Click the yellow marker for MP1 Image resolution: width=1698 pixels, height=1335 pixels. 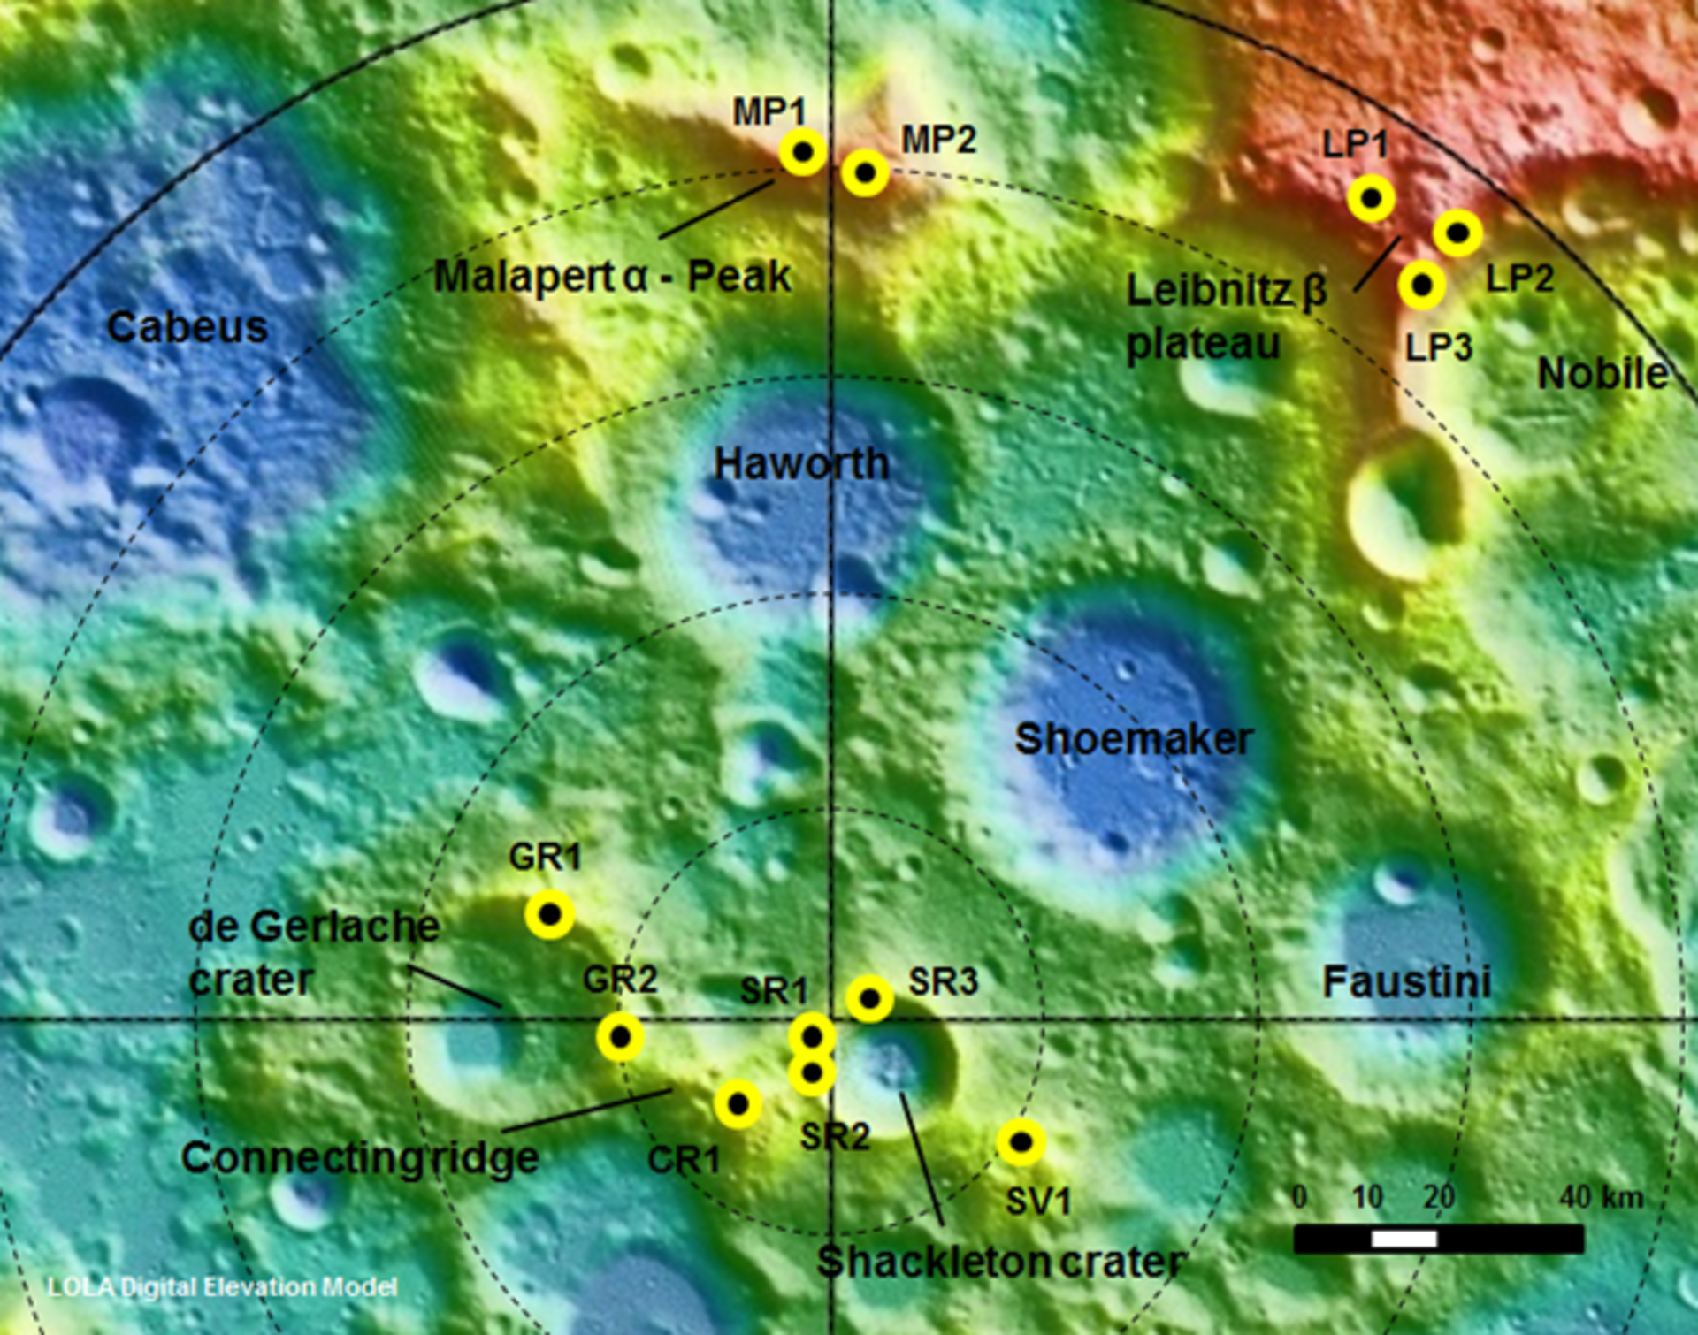click(x=803, y=152)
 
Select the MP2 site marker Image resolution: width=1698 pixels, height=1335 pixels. click(x=865, y=173)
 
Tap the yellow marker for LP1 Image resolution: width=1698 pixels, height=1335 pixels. click(x=1371, y=198)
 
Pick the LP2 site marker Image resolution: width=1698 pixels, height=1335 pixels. click(x=1457, y=233)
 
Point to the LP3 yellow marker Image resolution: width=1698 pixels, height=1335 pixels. click(x=1422, y=286)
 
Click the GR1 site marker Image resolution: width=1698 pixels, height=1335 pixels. click(x=549, y=914)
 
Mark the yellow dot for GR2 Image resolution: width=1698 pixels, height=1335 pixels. click(x=621, y=1036)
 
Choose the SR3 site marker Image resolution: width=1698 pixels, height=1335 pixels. click(x=870, y=999)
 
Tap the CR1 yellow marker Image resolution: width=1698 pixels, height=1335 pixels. click(x=738, y=1104)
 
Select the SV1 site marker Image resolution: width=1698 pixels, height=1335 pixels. click(x=1021, y=1142)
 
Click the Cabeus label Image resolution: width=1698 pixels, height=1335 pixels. click(x=187, y=328)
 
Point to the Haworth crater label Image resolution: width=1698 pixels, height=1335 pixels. click(x=801, y=463)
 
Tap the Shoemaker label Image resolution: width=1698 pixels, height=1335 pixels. click(x=1134, y=739)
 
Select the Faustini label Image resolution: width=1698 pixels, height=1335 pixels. click(x=1406, y=982)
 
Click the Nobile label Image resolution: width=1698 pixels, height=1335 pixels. click(x=1602, y=374)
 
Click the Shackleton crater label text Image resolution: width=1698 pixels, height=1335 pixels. click(x=1000, y=1262)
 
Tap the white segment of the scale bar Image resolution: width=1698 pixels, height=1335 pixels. click(x=1404, y=1240)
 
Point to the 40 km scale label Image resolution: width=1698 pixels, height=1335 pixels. click(x=1601, y=1197)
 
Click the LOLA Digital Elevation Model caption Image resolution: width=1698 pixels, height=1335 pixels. click(x=222, y=1287)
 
